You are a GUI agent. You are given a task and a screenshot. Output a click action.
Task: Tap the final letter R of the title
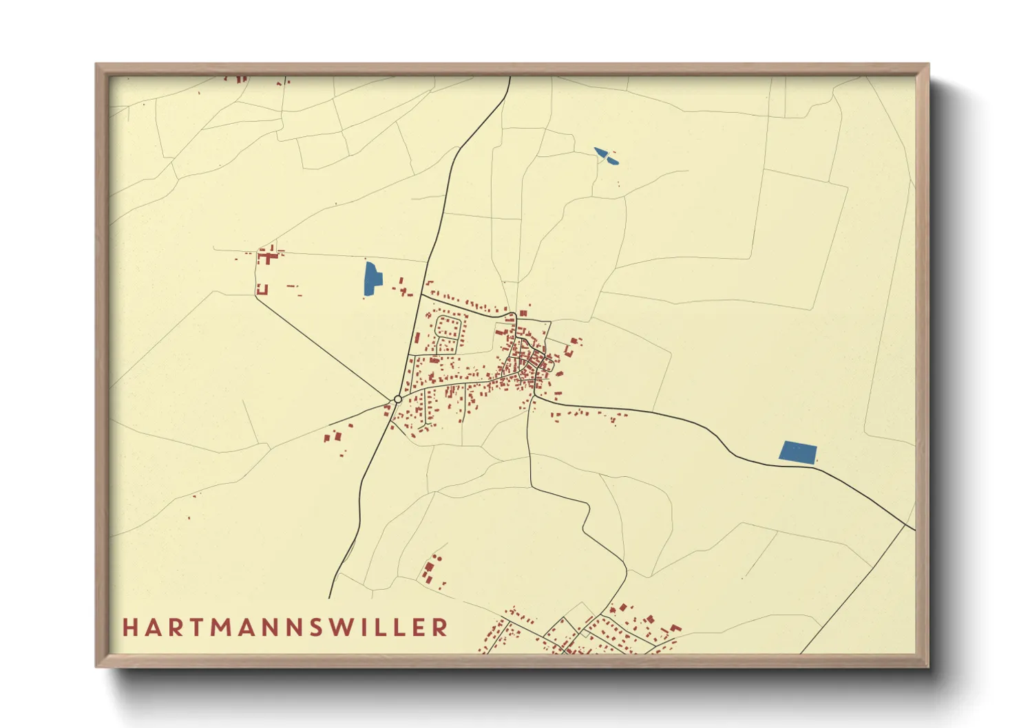[x=441, y=628]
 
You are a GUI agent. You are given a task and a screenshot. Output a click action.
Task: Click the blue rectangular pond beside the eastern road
[x=797, y=452]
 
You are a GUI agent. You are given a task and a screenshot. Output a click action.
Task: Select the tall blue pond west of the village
[x=371, y=278]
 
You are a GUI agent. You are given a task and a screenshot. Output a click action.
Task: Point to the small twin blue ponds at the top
[x=606, y=156]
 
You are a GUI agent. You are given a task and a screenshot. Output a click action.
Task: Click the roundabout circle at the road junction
[x=397, y=399]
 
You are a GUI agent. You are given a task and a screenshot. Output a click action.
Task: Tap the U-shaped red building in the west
[x=262, y=289]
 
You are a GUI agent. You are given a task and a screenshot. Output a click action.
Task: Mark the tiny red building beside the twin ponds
[x=618, y=184]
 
